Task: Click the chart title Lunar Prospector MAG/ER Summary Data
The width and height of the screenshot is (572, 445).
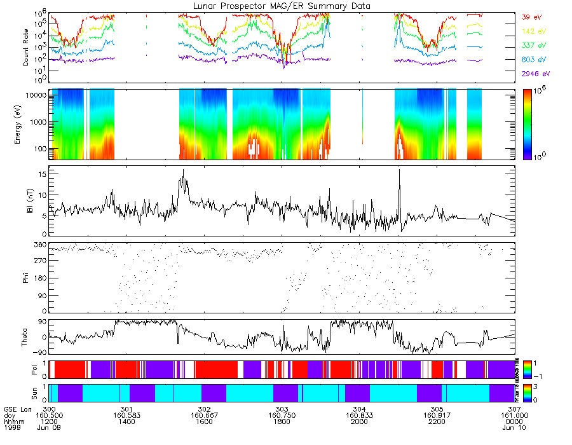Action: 282,6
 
